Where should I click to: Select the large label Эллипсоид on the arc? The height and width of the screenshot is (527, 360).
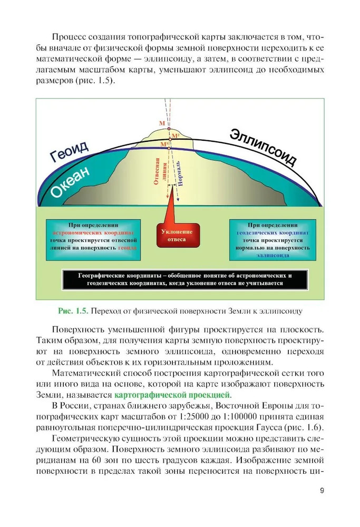point(262,145)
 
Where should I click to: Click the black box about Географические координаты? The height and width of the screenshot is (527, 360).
point(184,279)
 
